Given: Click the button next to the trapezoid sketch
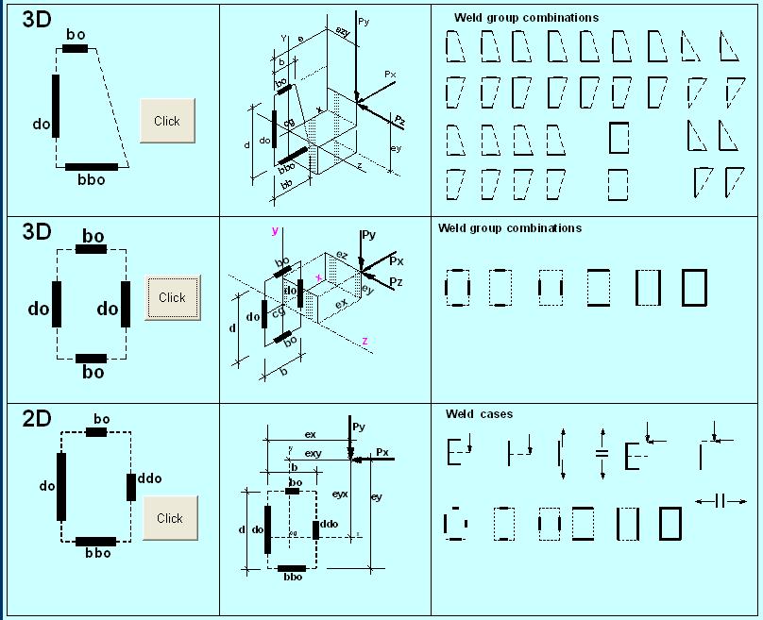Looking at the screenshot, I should (167, 121).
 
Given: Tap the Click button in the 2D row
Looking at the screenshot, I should (170, 518).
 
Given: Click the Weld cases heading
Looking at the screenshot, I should (479, 414).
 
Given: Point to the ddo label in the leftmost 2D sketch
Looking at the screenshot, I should (149, 478).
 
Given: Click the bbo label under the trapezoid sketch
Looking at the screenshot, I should (92, 178).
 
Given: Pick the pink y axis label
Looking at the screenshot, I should (275, 231).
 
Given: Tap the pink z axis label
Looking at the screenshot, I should (365, 341).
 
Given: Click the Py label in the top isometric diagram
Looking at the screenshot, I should (365, 20).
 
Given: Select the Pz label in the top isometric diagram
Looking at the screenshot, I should (400, 121).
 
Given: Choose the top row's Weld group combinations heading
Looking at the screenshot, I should (526, 18).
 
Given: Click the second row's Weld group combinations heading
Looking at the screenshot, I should (510, 228).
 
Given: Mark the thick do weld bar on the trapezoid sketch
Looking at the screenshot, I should (56, 106).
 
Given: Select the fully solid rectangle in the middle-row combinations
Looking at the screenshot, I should (694, 287).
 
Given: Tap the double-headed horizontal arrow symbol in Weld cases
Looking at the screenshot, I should (720, 501).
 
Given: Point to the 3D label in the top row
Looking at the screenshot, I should (37, 21).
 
